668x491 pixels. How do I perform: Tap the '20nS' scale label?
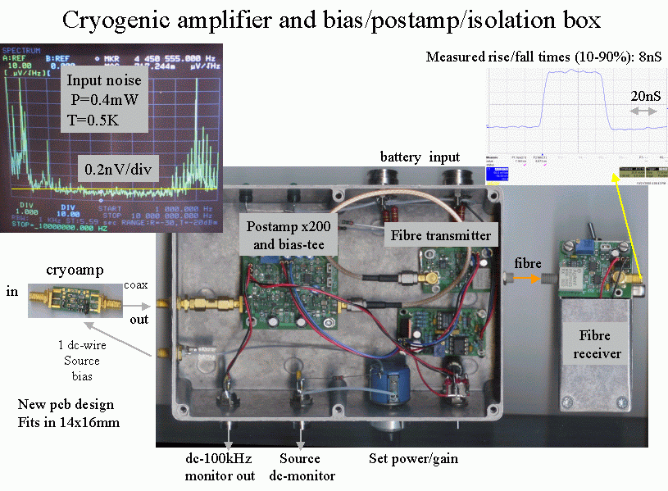click(x=642, y=95)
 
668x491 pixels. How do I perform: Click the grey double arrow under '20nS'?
click(x=643, y=111)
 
